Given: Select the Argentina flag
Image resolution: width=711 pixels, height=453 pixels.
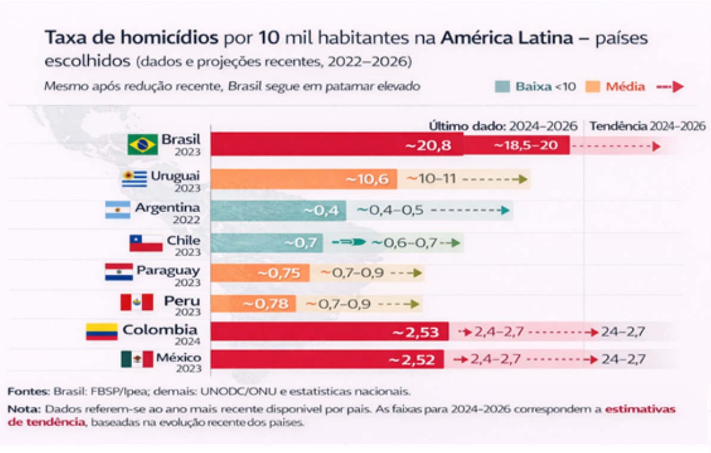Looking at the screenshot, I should click(118, 210).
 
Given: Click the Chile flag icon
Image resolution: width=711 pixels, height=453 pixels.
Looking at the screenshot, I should click(146, 243).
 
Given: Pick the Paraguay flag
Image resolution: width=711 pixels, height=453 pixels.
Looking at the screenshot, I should click(118, 272).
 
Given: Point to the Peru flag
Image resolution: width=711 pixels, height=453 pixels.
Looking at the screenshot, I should click(136, 303).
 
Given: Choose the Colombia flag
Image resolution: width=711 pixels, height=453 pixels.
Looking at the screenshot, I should click(102, 331).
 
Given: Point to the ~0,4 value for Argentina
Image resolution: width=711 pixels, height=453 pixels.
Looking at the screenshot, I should click(322, 210).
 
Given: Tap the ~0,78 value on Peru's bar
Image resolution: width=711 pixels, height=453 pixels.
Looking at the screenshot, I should click(269, 304).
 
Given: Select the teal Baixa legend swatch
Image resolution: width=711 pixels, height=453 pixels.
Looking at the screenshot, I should click(503, 87).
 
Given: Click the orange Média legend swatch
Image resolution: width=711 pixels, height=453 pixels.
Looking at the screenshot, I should click(592, 87).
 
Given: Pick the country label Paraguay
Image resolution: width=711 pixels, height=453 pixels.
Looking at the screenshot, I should click(168, 270).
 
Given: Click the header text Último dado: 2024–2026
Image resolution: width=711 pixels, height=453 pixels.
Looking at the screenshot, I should click(503, 126).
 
